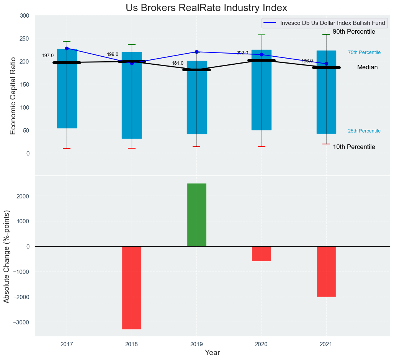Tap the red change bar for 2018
132,288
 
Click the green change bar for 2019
197,215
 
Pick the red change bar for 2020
262,254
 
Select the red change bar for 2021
326,271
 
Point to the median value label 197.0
48,56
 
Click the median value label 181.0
178,63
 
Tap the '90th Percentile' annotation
354,32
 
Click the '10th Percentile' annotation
354,147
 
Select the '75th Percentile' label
364,52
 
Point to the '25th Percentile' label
364,131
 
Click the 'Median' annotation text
367,67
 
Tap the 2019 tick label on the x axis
197,344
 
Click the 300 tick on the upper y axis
25,16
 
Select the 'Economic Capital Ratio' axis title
13,96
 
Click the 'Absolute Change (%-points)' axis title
7,256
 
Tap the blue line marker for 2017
67,48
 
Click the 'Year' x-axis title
212,353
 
